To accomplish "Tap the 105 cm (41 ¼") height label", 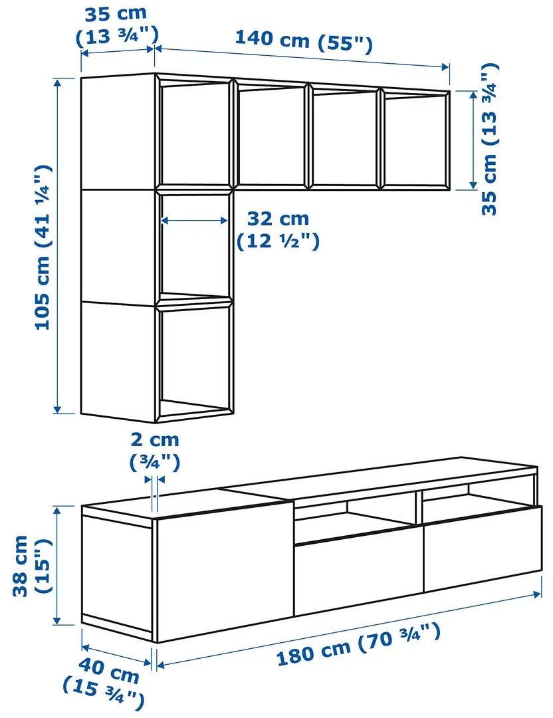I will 44,247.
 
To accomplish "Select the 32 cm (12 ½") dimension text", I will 278,229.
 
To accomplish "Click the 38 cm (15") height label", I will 29,565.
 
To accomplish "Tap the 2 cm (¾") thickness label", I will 154,450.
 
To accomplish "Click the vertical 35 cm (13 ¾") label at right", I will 490,138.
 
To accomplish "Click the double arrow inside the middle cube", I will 195,220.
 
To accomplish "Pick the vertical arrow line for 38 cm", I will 57,565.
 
